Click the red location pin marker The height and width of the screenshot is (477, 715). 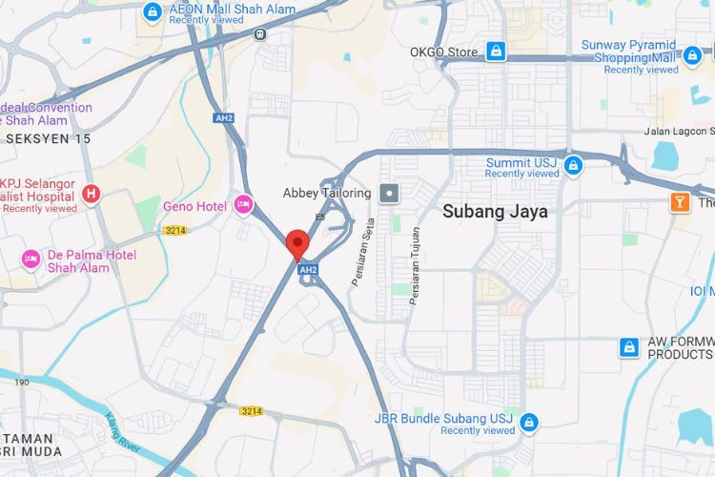click(x=297, y=242)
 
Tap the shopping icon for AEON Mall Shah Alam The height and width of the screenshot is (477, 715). click(x=152, y=10)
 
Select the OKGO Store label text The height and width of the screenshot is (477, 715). click(x=443, y=52)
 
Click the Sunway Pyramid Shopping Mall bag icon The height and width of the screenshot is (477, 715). click(x=693, y=56)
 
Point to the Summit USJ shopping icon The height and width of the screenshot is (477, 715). click(x=573, y=167)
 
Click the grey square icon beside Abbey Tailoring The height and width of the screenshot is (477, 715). click(x=389, y=194)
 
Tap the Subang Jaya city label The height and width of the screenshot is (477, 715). click(x=495, y=212)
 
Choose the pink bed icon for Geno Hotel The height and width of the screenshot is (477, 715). click(x=243, y=205)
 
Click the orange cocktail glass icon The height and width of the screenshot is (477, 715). click(x=680, y=201)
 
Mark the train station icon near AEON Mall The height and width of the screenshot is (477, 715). click(x=259, y=32)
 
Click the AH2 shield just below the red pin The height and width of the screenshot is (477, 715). click(x=307, y=270)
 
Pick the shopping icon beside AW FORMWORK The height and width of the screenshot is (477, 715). click(x=629, y=346)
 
